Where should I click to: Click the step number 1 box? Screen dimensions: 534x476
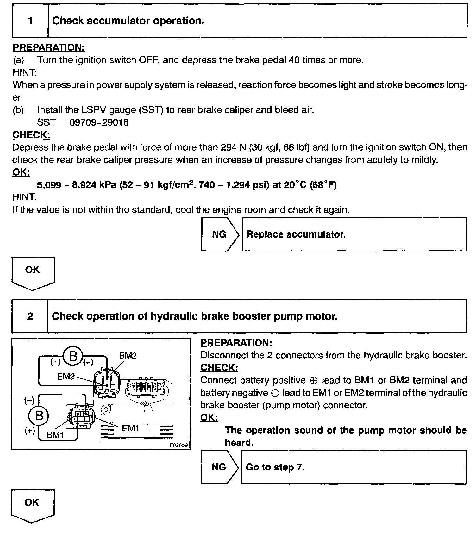click(x=30, y=21)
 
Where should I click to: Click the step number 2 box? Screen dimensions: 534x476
click(x=30, y=316)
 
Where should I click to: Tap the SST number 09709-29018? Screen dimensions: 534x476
click(x=99, y=122)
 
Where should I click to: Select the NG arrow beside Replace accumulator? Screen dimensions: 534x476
click(x=220, y=234)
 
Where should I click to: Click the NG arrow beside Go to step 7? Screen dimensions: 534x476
click(x=219, y=467)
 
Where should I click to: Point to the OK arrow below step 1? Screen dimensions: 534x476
click(x=33, y=272)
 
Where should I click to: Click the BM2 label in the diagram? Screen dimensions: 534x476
click(x=128, y=356)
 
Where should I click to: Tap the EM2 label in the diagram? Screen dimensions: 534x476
click(x=66, y=376)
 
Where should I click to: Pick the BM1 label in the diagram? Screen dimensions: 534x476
click(x=55, y=435)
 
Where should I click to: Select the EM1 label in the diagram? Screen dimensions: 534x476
click(x=131, y=428)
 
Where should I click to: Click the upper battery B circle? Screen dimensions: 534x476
click(x=73, y=357)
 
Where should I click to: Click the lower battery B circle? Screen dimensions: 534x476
click(x=39, y=415)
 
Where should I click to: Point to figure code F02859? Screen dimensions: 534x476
click(x=178, y=445)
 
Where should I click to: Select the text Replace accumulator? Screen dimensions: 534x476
click(x=296, y=234)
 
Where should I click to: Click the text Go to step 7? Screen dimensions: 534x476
click(x=275, y=467)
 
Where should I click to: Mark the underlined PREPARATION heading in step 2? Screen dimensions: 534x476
click(x=236, y=343)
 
